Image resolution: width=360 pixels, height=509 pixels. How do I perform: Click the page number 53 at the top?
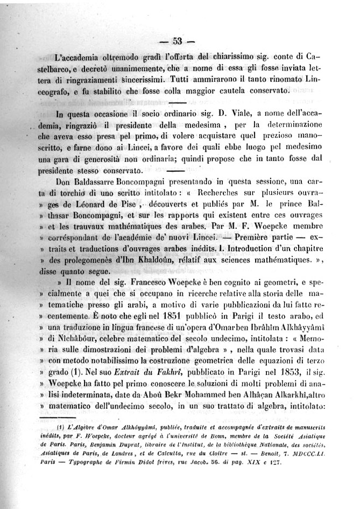[x=179, y=41]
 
